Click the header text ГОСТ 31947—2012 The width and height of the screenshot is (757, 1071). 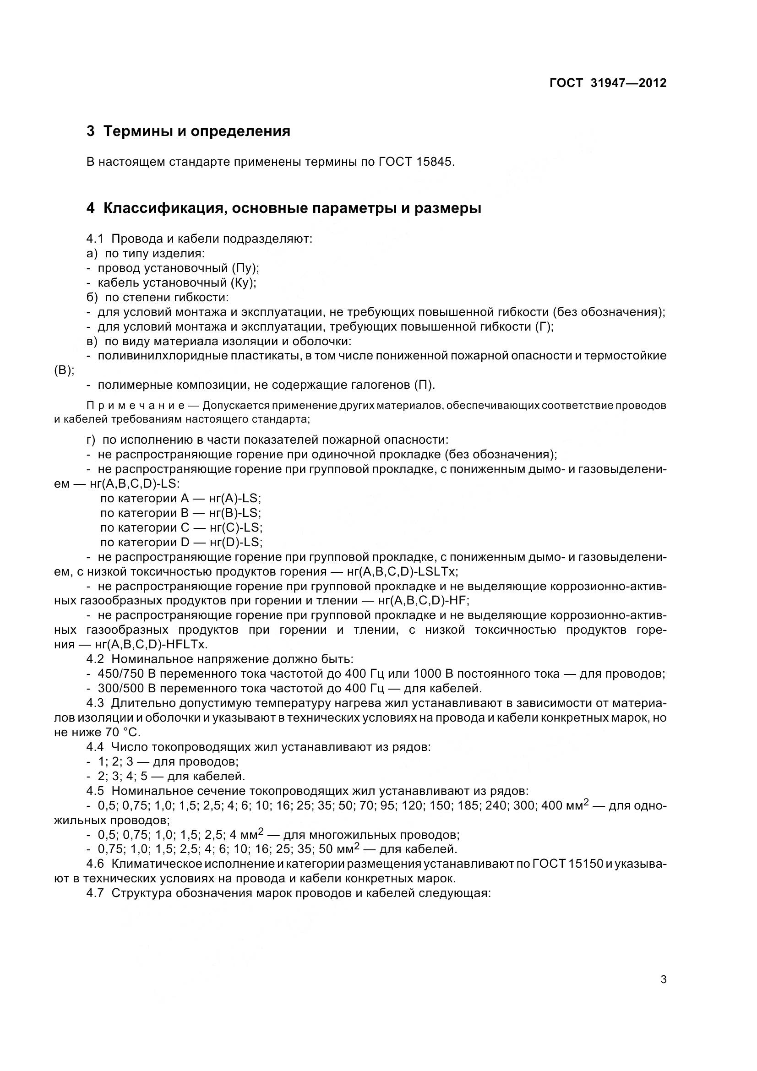tap(608, 83)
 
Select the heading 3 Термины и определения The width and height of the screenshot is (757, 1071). tap(188, 131)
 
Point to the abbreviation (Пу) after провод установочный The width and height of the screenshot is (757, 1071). tap(245, 268)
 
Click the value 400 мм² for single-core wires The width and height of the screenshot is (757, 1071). tap(566, 805)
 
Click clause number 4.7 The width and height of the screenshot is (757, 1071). tap(95, 893)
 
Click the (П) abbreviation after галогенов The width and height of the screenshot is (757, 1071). tap(424, 385)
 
